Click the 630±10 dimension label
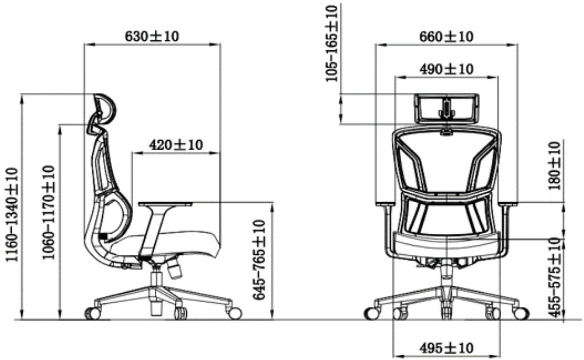[152, 36]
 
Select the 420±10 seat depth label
[176, 144]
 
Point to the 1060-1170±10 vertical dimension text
[48, 212]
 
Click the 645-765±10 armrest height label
[259, 259]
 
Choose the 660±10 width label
[446, 36]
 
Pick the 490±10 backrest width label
[446, 69]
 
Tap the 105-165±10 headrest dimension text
[332, 43]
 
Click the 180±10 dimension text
[555, 165]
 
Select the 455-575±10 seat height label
[555, 277]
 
